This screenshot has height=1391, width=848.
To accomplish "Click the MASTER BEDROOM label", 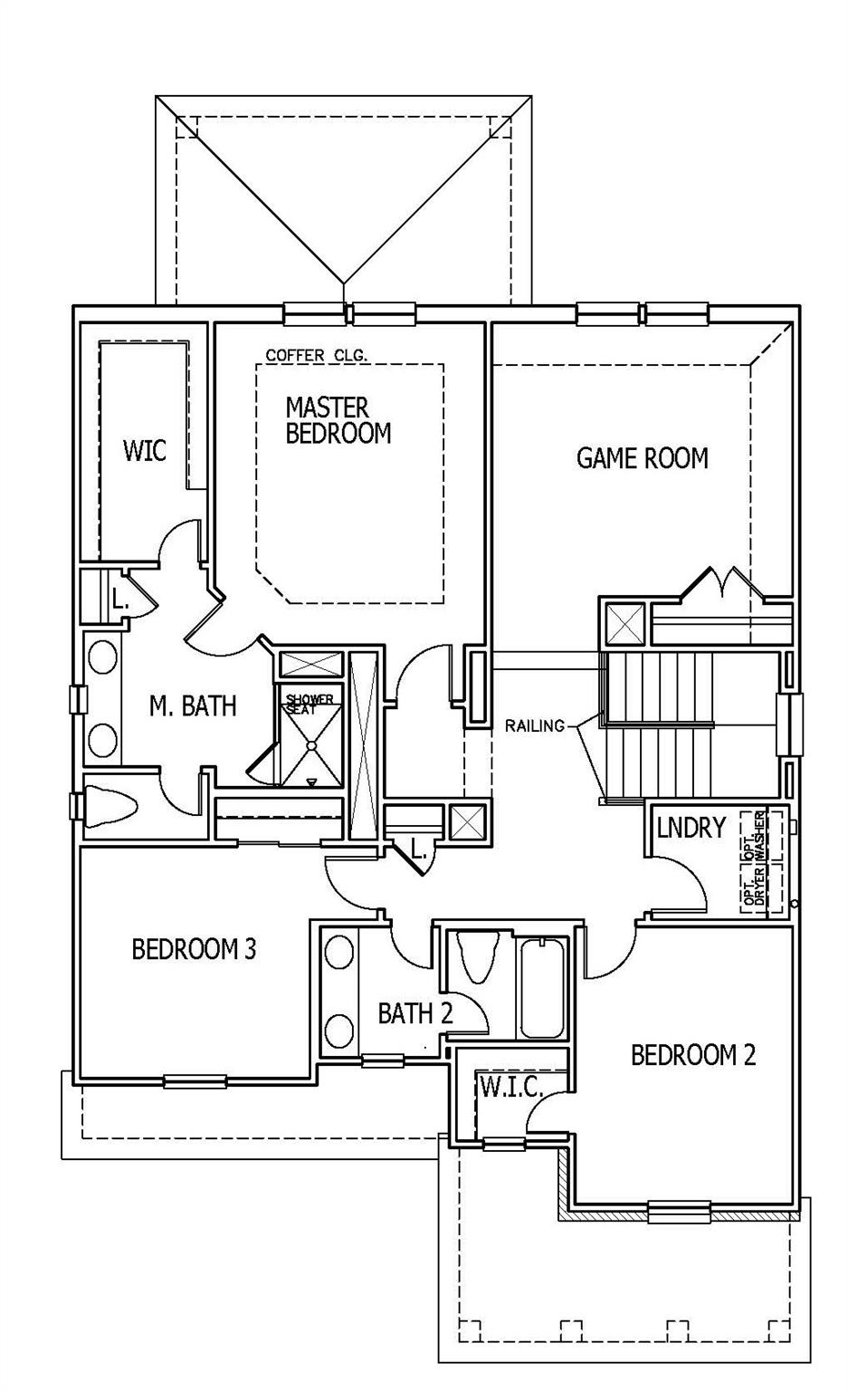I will tap(338, 419).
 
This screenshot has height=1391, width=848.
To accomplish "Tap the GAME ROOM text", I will tap(642, 458).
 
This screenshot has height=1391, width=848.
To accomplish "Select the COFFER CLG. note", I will tap(317, 356).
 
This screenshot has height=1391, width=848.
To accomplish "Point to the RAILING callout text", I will tap(535, 724).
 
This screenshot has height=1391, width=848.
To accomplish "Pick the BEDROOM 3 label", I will tap(194, 949).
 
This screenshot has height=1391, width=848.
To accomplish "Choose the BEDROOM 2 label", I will tap(692, 1055).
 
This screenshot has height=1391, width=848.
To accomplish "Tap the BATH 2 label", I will tap(414, 1013).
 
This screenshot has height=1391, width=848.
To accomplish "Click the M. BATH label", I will tap(193, 705).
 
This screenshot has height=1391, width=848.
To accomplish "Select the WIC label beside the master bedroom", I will tap(145, 450).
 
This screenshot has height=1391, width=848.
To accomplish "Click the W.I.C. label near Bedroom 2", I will tap(510, 1087).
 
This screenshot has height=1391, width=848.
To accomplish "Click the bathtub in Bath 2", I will tap(543, 987).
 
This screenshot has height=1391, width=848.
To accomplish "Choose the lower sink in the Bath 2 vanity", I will tap(339, 1031).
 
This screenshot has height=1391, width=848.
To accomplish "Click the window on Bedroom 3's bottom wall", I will tap(195, 1080).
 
